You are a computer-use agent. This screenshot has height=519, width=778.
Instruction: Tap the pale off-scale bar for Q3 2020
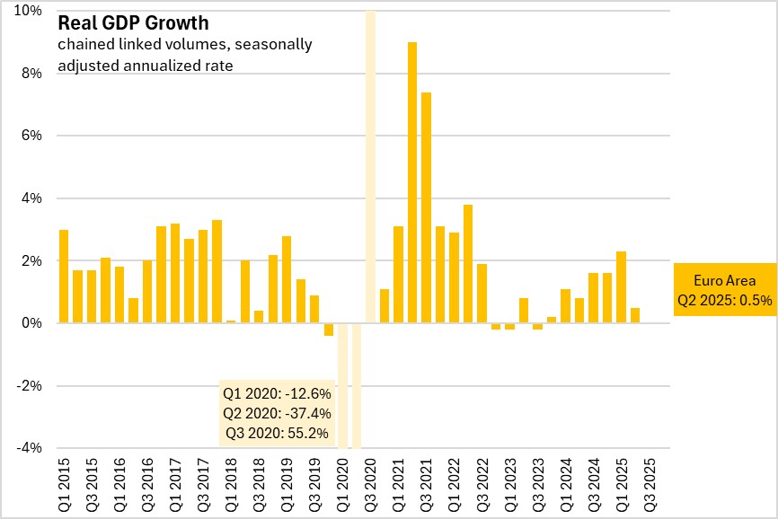(x=370, y=162)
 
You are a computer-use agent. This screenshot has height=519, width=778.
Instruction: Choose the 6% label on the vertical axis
(x=32, y=136)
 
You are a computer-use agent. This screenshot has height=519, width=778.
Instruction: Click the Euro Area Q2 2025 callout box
(x=724, y=289)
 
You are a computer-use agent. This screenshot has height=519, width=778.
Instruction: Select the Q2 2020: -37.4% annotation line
(x=276, y=414)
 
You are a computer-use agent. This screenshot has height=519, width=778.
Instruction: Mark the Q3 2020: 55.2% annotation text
(x=276, y=434)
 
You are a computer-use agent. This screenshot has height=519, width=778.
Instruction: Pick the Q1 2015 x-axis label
(x=63, y=487)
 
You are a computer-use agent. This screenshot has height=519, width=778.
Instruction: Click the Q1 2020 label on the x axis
(x=341, y=487)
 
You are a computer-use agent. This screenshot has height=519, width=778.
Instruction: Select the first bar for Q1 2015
(x=63, y=277)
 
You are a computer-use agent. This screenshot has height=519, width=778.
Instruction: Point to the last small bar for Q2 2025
(x=634, y=315)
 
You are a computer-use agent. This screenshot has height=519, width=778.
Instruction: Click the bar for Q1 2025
(x=621, y=287)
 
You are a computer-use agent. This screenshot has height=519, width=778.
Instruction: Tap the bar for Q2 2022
(x=468, y=264)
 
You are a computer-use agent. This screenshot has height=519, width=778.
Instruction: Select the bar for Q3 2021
(x=426, y=207)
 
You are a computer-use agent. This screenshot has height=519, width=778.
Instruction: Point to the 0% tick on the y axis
(x=32, y=323)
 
